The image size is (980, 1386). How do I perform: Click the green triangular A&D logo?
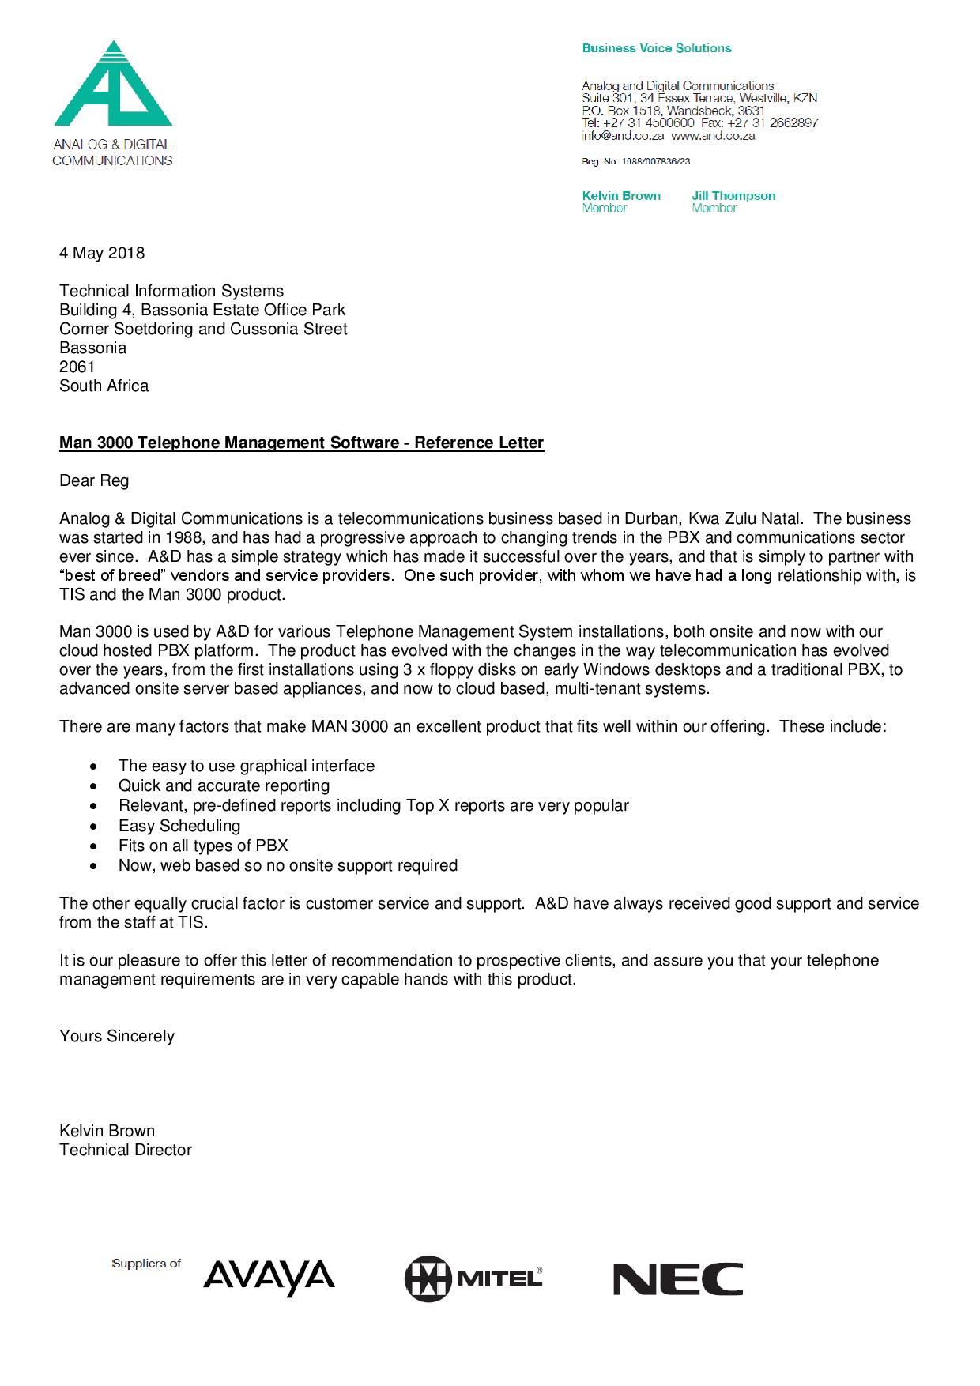(113, 85)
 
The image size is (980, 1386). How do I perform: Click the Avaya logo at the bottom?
(269, 1278)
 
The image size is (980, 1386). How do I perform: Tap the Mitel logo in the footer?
(473, 1278)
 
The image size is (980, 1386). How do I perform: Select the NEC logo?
(677, 1279)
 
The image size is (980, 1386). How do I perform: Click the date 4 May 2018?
(102, 253)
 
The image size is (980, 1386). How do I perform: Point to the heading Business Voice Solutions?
(657, 48)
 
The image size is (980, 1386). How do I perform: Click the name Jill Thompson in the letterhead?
(733, 196)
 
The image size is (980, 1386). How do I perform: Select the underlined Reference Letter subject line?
(301, 443)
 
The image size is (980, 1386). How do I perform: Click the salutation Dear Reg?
(94, 480)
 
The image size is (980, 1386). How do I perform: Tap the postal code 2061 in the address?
(77, 367)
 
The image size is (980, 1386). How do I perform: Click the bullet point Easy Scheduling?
(179, 826)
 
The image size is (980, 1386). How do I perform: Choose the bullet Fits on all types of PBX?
(203, 846)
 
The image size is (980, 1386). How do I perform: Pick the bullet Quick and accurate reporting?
(224, 785)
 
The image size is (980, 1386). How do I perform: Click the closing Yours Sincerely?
(117, 1036)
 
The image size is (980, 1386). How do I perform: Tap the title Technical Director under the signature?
(126, 1150)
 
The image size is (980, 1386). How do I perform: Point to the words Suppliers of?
(146, 1264)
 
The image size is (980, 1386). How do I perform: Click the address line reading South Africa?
(104, 386)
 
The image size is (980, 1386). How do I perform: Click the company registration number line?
(636, 162)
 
